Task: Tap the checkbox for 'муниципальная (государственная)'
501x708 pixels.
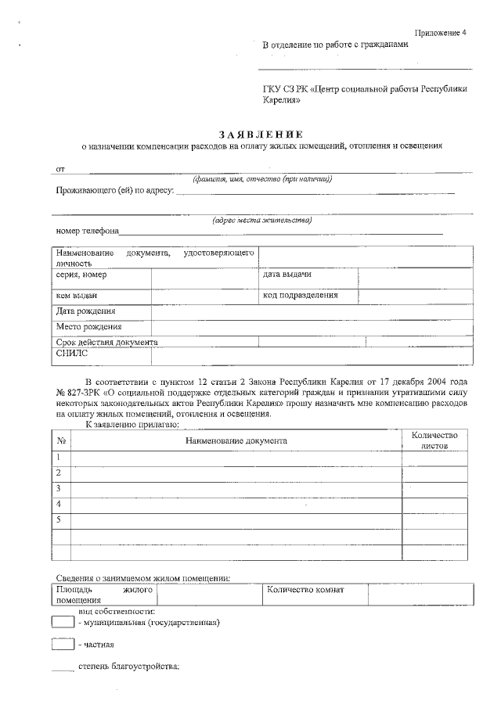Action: [62, 623]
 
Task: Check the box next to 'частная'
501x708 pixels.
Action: [62, 645]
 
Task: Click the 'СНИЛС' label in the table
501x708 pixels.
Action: [73, 354]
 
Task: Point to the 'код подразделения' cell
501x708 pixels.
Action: [300, 295]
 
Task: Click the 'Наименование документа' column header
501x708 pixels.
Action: [236, 440]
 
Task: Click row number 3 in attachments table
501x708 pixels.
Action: [59, 488]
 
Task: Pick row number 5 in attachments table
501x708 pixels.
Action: [59, 519]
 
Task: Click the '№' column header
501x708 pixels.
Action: [60, 440]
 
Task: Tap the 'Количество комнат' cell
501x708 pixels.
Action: [305, 590]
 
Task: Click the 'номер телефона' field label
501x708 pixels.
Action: [87, 231]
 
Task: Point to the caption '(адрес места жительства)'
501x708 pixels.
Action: [262, 220]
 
